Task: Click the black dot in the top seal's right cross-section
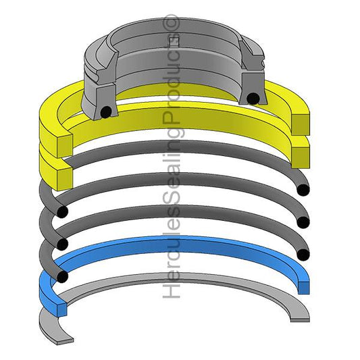pyautogui.click(x=253, y=99)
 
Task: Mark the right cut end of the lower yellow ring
pyautogui.click(x=301, y=154)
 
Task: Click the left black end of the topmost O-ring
pyautogui.click(x=62, y=213)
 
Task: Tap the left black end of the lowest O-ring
pyautogui.click(x=62, y=276)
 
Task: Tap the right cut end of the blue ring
pyautogui.click(x=303, y=284)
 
